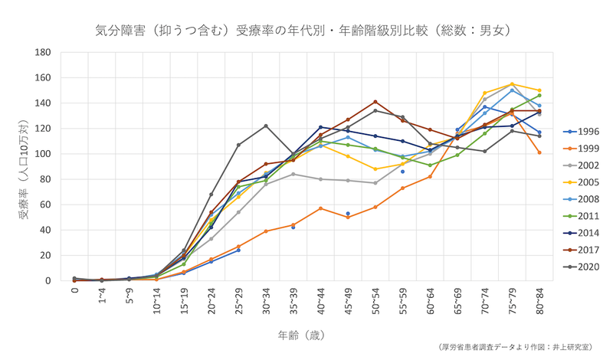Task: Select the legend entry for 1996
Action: point(587,131)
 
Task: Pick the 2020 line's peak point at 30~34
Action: point(266,126)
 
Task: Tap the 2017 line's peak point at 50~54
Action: point(375,102)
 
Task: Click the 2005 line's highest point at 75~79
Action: point(512,84)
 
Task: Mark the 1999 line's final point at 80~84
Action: point(539,152)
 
